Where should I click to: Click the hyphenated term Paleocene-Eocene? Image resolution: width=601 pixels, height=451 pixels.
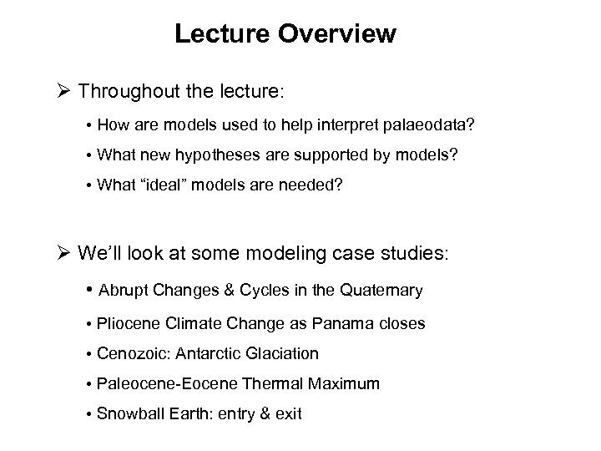[x=156, y=383]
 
